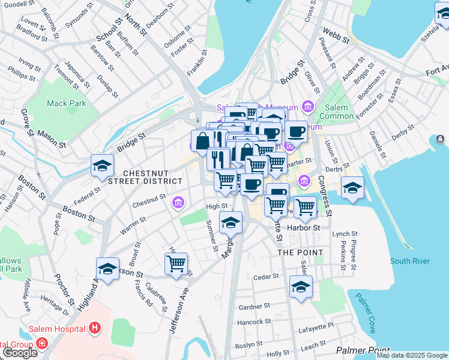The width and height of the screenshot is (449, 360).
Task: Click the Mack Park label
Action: [67, 103]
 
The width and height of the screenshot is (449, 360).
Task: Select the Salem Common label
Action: [337, 112]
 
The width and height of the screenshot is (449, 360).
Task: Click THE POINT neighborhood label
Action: [300, 253]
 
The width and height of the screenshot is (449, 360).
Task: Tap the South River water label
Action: [409, 261]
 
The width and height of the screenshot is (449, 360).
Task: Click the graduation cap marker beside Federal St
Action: [102, 165]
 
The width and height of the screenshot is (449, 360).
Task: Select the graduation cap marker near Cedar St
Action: [301, 287]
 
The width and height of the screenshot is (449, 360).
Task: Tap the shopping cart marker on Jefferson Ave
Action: [176, 263]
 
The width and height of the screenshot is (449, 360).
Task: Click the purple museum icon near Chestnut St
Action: [178, 203]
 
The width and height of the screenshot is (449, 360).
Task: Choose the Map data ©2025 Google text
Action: [412, 355]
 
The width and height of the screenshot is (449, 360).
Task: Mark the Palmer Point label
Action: [363, 350]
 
